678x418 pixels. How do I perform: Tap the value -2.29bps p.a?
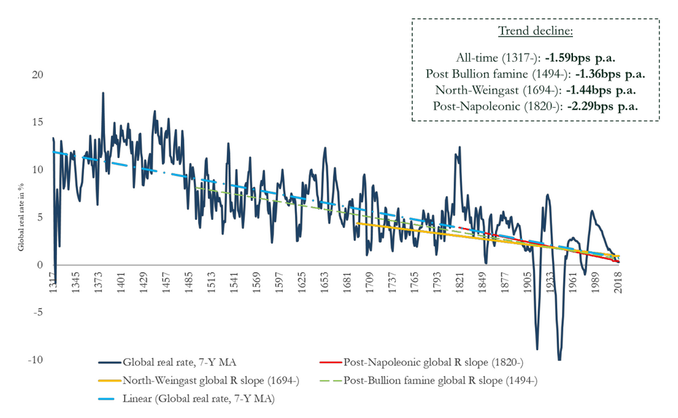click(605, 106)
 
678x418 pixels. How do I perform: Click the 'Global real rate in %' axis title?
click(21, 208)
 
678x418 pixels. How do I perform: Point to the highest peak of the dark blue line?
click(103, 93)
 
